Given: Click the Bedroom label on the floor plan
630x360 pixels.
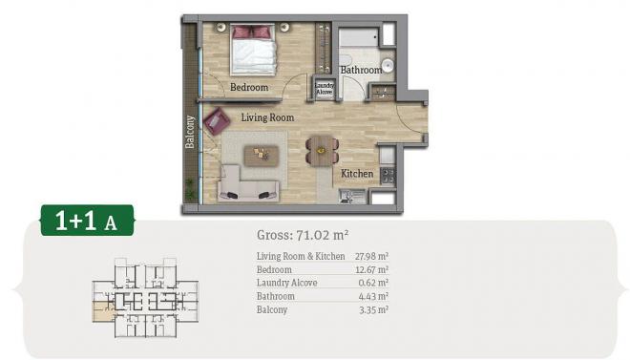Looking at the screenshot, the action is point(249,87).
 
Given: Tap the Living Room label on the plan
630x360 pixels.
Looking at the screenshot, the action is point(267,117).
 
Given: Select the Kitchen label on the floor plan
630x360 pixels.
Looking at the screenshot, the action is point(357,174).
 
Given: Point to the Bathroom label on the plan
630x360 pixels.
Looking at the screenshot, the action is point(361,70).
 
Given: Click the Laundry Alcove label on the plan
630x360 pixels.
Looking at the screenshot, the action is point(324,89).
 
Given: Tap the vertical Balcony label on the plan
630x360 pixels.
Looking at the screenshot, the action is point(190,132).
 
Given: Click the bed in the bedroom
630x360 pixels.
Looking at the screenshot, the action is point(253,50).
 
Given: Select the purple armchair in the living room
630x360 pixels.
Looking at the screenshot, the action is point(217,120).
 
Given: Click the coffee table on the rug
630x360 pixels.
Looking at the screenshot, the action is point(262,155).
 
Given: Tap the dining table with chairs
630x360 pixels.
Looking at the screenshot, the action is point(322,151).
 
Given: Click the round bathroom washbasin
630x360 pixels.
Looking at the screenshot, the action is point(388,66).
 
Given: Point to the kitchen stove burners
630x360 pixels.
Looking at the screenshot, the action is point(388,176).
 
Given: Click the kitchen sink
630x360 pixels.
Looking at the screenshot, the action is point(352,196).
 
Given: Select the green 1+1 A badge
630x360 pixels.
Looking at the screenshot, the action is point(87,221).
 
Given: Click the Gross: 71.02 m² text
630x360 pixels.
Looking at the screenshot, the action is point(303,235).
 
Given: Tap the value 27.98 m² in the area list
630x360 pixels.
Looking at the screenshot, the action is point(371,256).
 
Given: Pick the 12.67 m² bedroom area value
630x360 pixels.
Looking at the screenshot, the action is point(371,269).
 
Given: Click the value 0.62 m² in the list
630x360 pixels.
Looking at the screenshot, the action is point(373,283).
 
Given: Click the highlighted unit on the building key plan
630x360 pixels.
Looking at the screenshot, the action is point(103,312).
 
